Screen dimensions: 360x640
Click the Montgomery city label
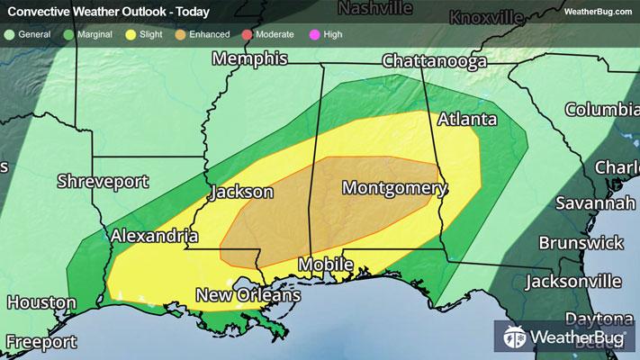tap(394, 188)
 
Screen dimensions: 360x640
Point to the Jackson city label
tap(241, 193)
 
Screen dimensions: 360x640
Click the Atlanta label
tap(467, 120)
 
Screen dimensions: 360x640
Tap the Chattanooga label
tap(435, 61)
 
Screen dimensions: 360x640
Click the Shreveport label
tap(102, 181)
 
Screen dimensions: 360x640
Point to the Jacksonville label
tap(573, 282)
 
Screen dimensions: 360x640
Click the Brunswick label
tap(581, 243)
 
